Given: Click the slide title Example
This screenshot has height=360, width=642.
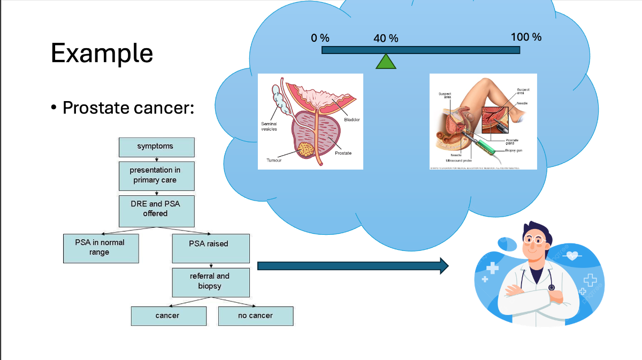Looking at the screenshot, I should coord(102,53).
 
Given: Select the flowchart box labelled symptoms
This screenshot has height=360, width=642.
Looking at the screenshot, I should coord(155,146).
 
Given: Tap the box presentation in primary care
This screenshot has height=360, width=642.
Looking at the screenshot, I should coord(155,175).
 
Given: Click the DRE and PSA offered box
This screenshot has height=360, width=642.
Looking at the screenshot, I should coord(155,209).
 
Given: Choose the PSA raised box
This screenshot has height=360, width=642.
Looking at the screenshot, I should coord(211,244).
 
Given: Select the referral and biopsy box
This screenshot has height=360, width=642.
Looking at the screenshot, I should coord(211,281).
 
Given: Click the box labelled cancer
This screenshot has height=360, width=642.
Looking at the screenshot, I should coord(168,316).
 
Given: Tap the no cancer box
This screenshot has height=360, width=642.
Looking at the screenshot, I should coord(256,316).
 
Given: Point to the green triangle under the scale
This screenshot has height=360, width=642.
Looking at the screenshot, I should coord(386,62).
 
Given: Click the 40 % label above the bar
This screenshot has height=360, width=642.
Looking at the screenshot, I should coord(386,39).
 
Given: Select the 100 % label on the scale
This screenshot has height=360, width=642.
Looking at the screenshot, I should coord(526,37).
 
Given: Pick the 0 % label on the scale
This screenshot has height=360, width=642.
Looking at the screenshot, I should coord(320,38).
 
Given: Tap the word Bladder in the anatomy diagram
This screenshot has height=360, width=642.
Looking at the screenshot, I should coord(351,119).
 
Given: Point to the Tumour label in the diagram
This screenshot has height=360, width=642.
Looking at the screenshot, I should coord(273,160).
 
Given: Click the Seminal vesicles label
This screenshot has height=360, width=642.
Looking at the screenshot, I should coord(269,126).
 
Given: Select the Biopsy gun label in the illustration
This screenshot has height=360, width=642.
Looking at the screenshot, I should coord(513,151).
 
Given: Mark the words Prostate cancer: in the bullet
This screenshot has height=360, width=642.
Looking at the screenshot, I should coord(128,108).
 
